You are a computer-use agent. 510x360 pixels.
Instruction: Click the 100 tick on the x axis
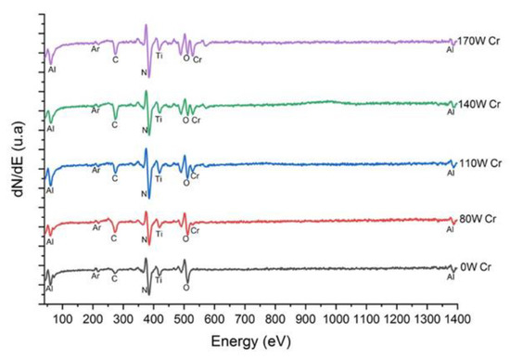tap(62, 316)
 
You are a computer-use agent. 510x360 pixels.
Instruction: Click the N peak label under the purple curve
tap(144, 72)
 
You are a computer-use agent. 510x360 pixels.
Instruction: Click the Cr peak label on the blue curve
tap(196, 175)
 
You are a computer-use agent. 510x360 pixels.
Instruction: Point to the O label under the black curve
tap(186, 288)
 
